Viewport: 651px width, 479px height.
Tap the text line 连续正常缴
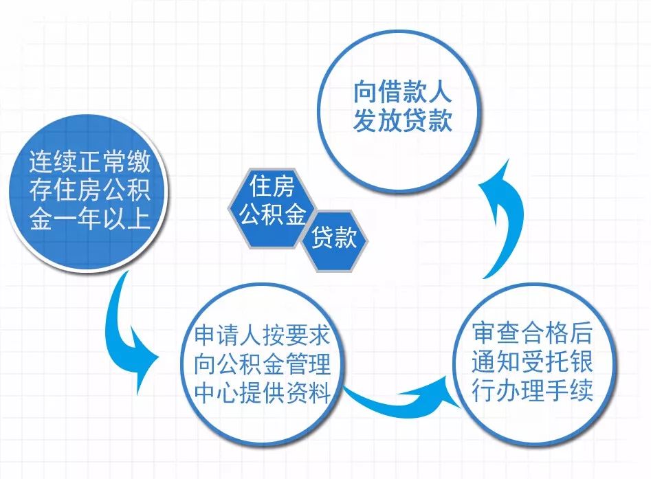click(x=89, y=163)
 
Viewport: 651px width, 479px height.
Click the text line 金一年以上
click(x=89, y=221)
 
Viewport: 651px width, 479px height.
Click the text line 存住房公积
click(x=89, y=192)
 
